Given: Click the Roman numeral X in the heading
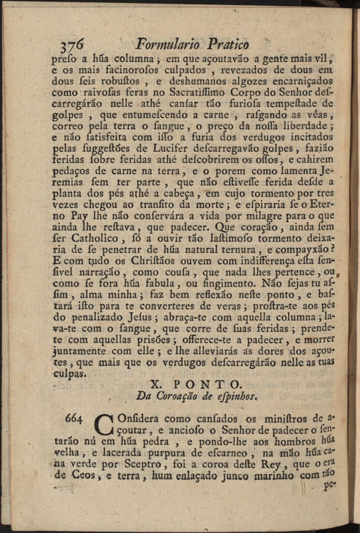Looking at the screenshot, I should (x=156, y=384).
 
